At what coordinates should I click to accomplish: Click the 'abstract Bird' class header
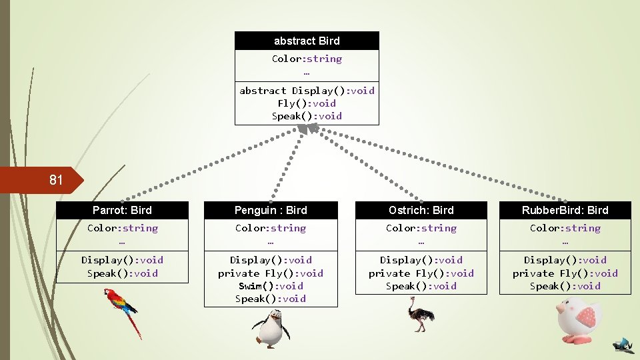coord(307,41)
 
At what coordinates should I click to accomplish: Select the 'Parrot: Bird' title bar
coord(122,210)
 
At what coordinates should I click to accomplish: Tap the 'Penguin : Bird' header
coord(271,210)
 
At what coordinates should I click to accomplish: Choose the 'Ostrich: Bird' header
coord(421,210)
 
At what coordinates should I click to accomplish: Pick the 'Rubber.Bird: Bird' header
coord(565,210)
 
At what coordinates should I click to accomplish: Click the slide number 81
coord(56,180)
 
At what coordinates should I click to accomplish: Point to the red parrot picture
coord(125,311)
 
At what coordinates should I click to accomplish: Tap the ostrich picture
coord(421,315)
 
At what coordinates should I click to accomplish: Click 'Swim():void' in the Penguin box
coord(271,286)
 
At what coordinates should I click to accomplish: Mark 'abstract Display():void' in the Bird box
coord(307,91)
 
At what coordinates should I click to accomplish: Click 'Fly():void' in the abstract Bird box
coord(307,103)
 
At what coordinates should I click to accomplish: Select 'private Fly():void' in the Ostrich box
coord(421,273)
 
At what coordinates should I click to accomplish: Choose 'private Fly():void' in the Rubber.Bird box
coord(565,273)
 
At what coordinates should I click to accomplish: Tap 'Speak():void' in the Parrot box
coord(122,273)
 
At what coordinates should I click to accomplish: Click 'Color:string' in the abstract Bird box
coord(307,59)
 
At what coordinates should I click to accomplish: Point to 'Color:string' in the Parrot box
coord(122,228)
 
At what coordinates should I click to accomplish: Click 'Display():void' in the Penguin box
coord(271,260)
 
